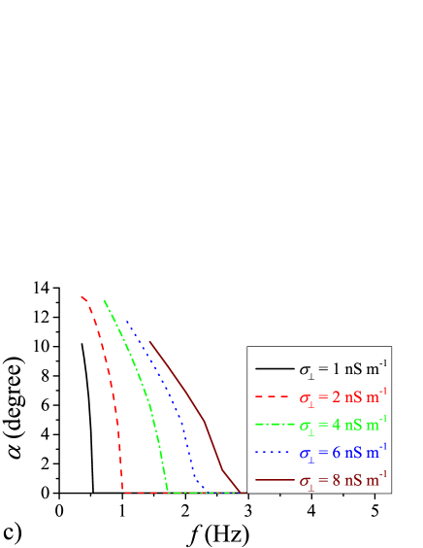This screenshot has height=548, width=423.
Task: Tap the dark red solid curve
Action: (190, 398)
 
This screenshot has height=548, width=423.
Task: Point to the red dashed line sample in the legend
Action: (275, 397)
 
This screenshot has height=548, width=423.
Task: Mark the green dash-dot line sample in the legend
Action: (275, 425)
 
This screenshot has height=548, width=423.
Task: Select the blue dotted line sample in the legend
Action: (275, 452)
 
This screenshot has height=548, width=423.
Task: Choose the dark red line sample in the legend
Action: (275, 479)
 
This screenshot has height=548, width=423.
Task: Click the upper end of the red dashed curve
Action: (81, 295)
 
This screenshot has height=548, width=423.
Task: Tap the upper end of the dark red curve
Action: (149, 341)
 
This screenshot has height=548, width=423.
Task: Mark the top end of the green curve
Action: (104, 300)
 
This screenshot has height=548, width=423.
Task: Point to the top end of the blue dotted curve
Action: (126, 321)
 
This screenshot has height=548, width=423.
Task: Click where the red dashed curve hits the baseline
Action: (123, 492)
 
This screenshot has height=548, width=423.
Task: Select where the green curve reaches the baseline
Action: (168, 492)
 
